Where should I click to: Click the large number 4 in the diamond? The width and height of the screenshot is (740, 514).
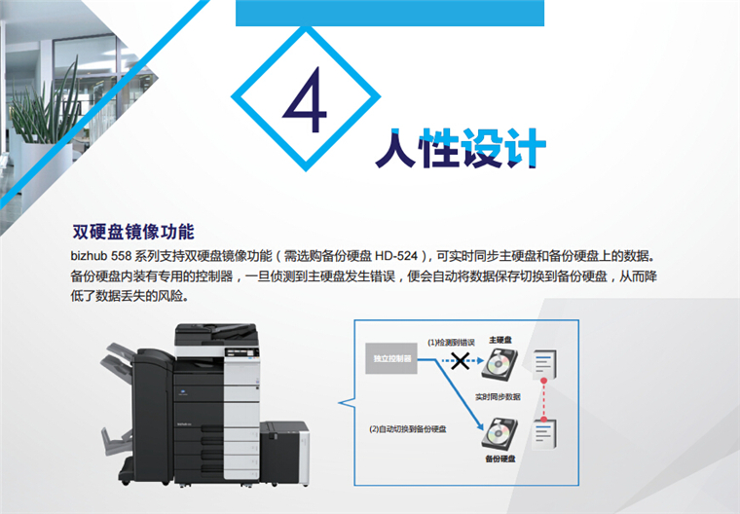pyautogui.click(x=306, y=99)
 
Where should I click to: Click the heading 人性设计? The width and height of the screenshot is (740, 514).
pyautogui.click(x=462, y=149)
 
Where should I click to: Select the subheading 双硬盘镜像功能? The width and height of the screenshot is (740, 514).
pyautogui.click(x=133, y=232)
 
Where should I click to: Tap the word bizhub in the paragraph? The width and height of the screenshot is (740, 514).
pyautogui.click(x=89, y=256)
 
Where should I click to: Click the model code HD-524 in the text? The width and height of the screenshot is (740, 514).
pyautogui.click(x=396, y=256)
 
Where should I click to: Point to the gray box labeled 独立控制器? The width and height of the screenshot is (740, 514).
pyautogui.click(x=391, y=358)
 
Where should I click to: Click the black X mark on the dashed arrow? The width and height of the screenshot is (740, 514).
pyautogui.click(x=460, y=361)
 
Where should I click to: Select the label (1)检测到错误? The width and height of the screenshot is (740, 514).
pyautogui.click(x=451, y=343)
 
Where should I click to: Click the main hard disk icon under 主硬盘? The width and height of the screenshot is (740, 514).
pyautogui.click(x=499, y=363)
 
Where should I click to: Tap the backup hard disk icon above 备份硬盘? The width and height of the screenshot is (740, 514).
pyautogui.click(x=499, y=433)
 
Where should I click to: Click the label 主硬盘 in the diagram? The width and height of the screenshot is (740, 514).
pyautogui.click(x=500, y=340)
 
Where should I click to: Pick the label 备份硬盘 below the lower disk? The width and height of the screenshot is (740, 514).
pyautogui.click(x=500, y=459)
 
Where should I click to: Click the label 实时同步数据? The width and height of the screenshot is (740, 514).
pyautogui.click(x=498, y=397)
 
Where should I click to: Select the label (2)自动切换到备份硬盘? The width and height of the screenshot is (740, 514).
pyautogui.click(x=408, y=429)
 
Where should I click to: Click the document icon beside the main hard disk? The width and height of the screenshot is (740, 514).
pyautogui.click(x=544, y=364)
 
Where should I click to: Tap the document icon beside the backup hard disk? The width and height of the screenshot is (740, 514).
pyautogui.click(x=544, y=435)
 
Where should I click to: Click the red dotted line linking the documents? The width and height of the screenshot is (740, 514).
pyautogui.click(x=543, y=400)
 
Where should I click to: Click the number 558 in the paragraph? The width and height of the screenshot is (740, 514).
pyautogui.click(x=121, y=256)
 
